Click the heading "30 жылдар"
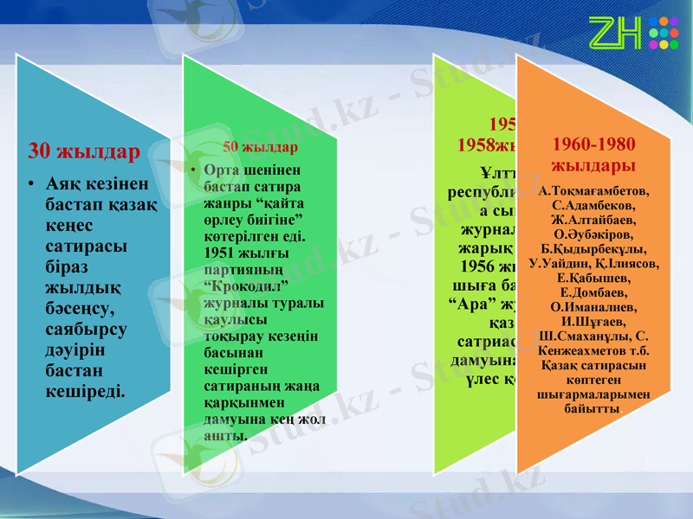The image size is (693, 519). click(84, 152)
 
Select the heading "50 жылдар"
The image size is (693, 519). click(260, 146)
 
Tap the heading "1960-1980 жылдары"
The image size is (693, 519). click(593, 154)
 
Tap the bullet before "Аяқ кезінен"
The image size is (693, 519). click(30, 184)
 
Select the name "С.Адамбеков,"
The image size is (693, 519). click(593, 205)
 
